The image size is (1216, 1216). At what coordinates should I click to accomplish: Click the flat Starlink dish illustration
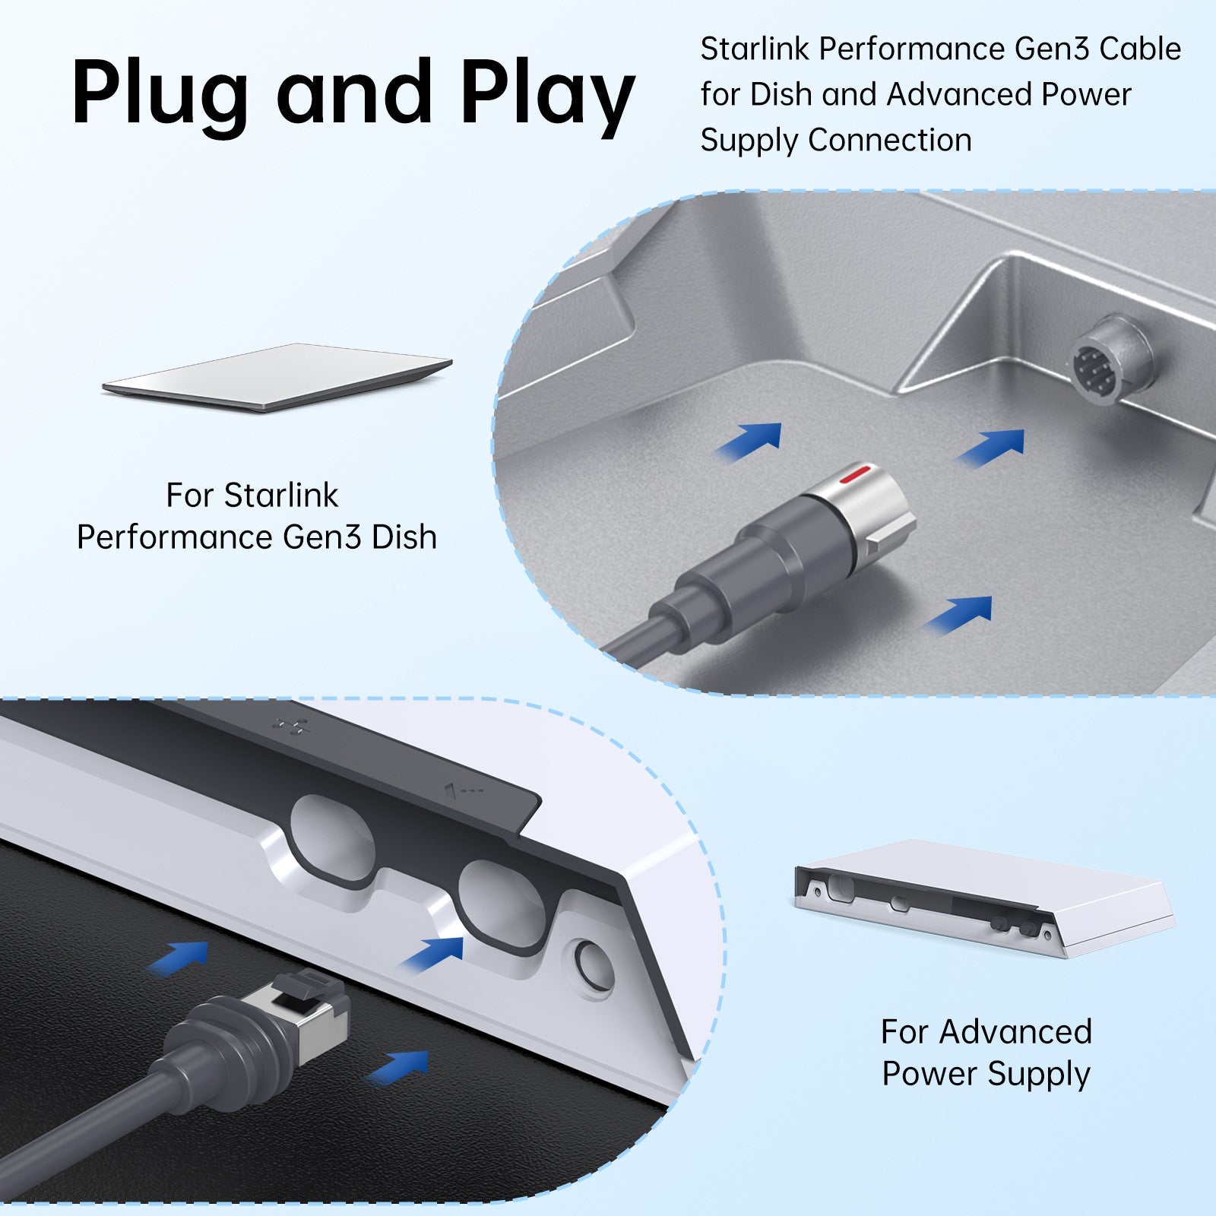pos(277,378)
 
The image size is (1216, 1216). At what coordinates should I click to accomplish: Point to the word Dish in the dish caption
pos(404,537)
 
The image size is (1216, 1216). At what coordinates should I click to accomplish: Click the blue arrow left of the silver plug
pos(749,440)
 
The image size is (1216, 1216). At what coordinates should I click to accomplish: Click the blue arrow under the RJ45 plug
pos(399,1067)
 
